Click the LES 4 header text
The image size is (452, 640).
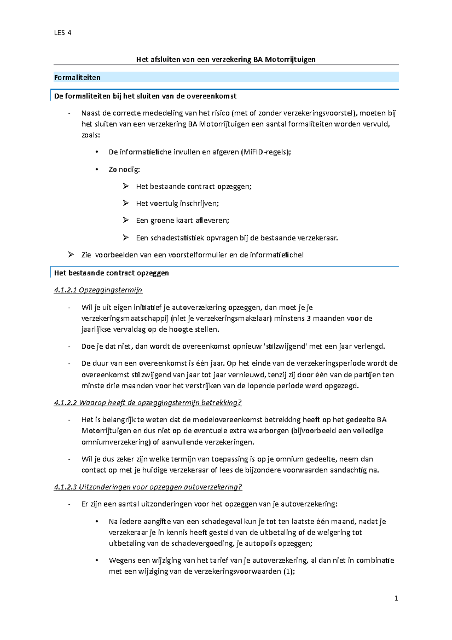tap(63, 33)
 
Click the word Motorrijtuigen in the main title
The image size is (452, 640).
tap(290, 60)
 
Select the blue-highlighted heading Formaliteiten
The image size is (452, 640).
tap(77, 78)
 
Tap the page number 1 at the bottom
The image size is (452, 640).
tap(396, 598)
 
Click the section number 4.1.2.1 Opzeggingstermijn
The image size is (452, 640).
tap(98, 290)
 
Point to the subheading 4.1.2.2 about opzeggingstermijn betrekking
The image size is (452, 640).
tap(147, 403)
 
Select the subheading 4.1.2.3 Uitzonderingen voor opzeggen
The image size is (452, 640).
tap(148, 487)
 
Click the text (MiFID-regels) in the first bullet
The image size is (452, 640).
tap(266, 152)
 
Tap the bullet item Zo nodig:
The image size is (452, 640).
tap(124, 170)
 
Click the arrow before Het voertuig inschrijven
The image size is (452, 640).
tap(125, 203)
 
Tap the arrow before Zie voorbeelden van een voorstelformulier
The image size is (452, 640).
tap(71, 255)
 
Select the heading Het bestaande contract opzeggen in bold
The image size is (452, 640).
tap(111, 273)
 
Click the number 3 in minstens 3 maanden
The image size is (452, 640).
tap(308, 318)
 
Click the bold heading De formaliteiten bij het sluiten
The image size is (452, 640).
tap(145, 96)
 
